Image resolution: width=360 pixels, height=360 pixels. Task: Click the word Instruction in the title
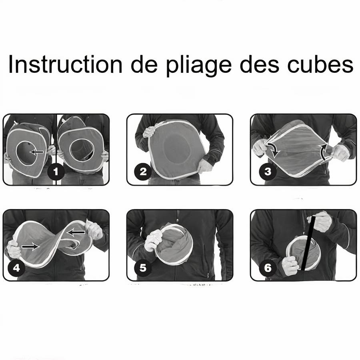tap(66, 64)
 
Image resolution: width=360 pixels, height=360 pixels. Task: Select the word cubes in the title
tap(320, 64)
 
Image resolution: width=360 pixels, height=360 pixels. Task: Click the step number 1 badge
tap(56, 172)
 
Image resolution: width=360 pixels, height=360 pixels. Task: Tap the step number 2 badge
tap(143, 172)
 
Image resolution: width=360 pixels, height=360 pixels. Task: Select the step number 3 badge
tap(268, 172)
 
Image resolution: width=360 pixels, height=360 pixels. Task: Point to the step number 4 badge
tap(16, 268)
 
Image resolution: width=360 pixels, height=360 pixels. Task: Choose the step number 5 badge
tap(143, 268)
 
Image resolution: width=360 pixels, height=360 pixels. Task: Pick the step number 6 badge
tap(268, 268)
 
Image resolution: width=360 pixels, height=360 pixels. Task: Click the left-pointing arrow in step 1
tap(37, 152)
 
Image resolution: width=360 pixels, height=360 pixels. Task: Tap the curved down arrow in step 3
tap(274, 150)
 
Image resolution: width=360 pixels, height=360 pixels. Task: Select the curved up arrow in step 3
tap(323, 152)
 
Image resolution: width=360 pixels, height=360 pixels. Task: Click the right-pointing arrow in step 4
tap(30, 246)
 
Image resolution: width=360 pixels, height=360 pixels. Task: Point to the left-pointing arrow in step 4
tap(76, 232)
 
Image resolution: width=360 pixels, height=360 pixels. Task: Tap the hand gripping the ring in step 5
tap(153, 240)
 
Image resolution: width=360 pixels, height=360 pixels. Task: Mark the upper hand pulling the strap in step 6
tap(320, 222)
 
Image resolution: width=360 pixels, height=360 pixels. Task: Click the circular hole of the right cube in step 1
tap(82, 150)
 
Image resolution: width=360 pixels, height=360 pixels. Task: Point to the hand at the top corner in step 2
tap(149, 132)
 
